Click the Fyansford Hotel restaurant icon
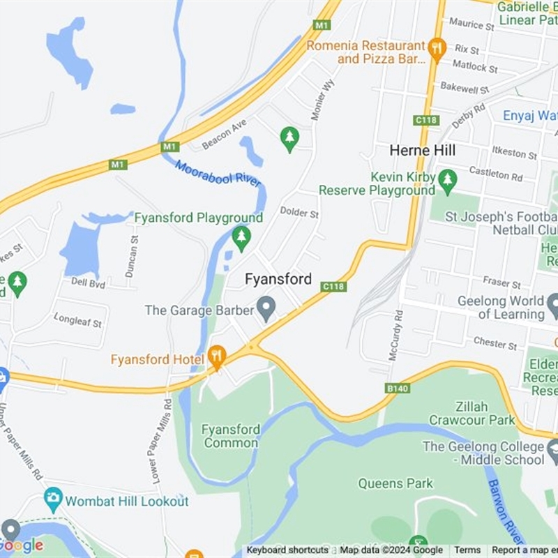tap(217, 358)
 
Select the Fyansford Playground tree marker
tap(241, 237)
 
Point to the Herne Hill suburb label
tap(422, 151)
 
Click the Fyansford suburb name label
tap(278, 279)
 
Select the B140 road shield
tap(397, 388)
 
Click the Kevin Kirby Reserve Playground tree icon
tap(447, 180)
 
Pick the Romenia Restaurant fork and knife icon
tap(437, 48)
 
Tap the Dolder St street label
tap(299, 212)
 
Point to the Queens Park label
tap(395, 483)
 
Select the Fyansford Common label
tap(231, 436)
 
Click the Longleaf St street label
tap(78, 320)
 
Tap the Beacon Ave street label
tap(225, 133)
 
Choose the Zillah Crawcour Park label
tap(472, 413)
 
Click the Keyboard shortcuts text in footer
tap(287, 550)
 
